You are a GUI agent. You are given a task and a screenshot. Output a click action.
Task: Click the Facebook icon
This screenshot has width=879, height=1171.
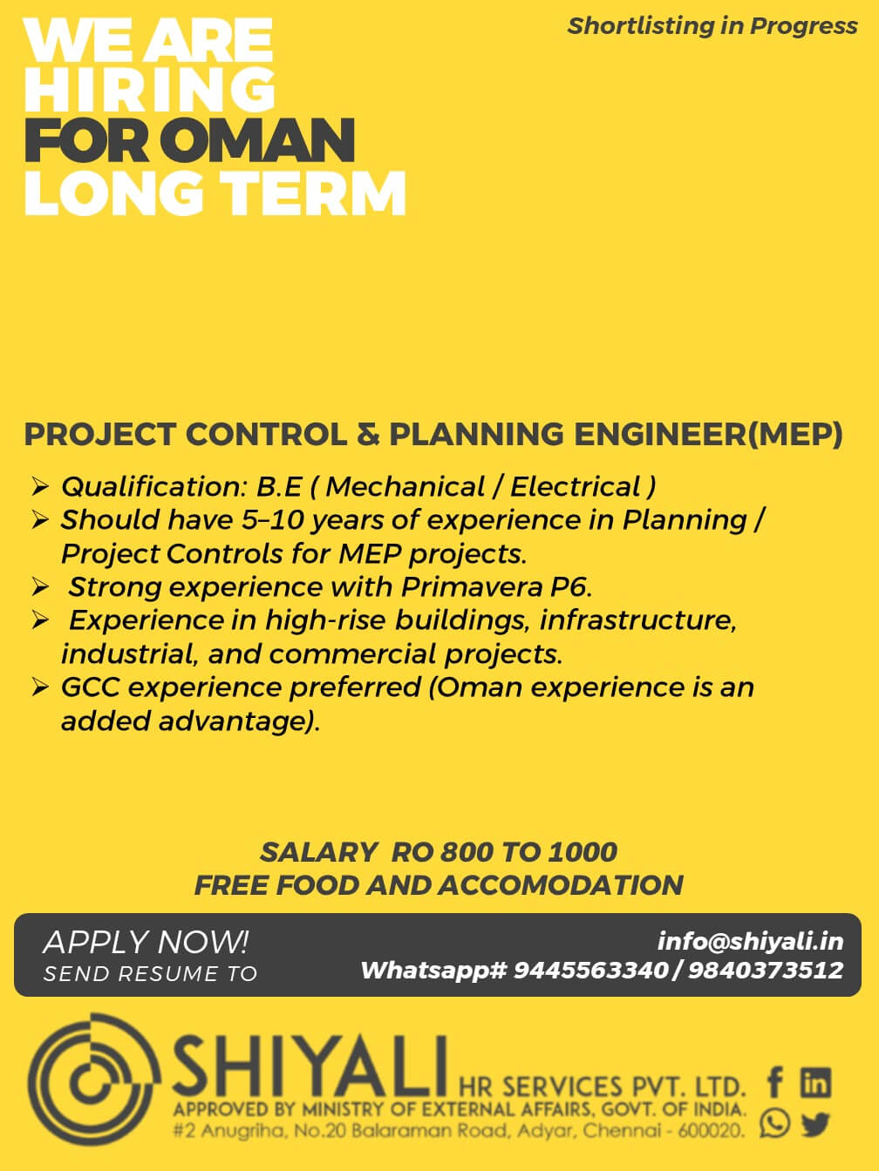[774, 1083]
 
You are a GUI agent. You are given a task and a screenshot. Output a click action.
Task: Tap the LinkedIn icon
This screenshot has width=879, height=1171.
[815, 1083]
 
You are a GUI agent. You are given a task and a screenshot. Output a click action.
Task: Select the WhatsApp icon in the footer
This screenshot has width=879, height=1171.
[774, 1123]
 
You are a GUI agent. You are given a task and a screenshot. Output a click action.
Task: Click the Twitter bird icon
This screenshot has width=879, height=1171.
[815, 1124]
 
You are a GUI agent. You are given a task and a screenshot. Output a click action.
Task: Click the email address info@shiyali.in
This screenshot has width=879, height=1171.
[750, 941]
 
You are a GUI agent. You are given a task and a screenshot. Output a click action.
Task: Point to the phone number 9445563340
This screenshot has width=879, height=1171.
[590, 970]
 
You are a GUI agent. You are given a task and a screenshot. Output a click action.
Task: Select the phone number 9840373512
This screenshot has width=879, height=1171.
[766, 970]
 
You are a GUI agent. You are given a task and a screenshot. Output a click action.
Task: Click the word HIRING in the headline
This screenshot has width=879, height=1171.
[149, 89]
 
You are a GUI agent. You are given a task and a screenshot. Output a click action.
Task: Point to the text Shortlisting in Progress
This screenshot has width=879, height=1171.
[712, 26]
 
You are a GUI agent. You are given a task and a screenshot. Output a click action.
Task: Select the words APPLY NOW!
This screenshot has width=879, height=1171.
[146, 942]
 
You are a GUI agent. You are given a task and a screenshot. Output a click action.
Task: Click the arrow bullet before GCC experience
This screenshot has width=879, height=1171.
[40, 688]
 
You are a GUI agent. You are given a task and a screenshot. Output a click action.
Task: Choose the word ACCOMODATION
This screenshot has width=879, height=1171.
[560, 885]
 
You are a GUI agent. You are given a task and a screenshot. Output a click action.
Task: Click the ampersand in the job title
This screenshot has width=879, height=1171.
[367, 434]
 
